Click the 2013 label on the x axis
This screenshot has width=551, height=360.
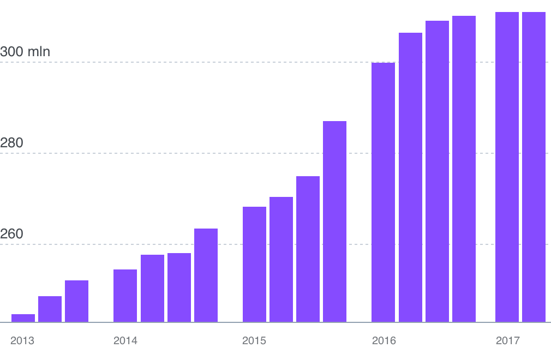[22, 340]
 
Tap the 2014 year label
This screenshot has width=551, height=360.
[125, 340]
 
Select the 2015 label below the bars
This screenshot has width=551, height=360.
[254, 340]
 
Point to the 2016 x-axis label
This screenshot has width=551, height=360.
[384, 340]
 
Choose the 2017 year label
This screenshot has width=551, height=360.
[507, 340]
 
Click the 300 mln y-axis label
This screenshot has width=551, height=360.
[25, 52]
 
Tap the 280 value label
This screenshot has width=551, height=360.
[11, 142]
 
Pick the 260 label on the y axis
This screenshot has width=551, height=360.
[11, 233]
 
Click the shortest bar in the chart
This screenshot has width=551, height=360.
[23, 318]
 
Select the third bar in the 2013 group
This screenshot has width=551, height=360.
[76, 301]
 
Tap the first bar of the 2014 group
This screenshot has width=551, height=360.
[125, 296]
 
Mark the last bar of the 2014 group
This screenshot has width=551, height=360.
[206, 275]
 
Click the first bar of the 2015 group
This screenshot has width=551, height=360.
[254, 264]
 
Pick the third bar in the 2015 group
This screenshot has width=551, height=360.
[308, 249]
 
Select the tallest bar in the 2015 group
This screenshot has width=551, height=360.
[334, 221]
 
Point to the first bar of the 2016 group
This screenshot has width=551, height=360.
[384, 192]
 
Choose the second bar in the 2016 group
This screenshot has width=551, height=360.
[410, 177]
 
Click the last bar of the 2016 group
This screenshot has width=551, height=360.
[464, 169]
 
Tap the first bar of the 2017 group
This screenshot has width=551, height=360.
[507, 167]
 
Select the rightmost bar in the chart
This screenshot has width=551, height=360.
[534, 167]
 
